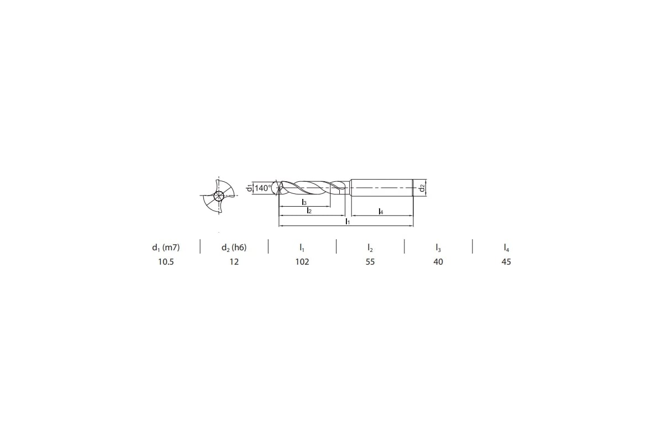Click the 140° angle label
click(263, 188)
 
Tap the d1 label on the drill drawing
click(250, 188)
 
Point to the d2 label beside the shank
click(422, 188)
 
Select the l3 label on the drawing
click(304, 202)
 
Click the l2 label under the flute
click(309, 211)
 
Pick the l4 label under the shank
click(381, 212)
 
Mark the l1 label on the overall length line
click(348, 221)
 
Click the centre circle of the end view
click(219, 196)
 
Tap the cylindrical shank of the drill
click(382, 188)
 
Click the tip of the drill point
click(279, 188)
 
